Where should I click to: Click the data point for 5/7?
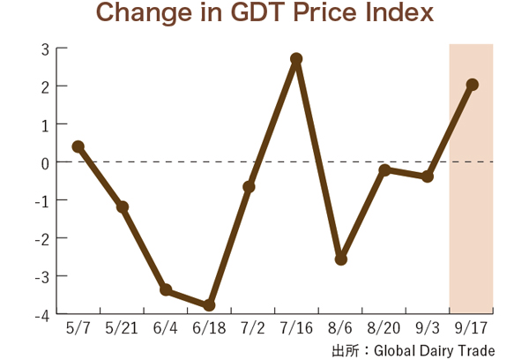(78, 146)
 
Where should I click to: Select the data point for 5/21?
(123, 207)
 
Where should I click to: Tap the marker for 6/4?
(166, 289)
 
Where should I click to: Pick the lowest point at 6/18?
(210, 305)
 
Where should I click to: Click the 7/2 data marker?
(250, 187)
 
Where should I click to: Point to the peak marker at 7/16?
(296, 59)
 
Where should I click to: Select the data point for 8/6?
(341, 259)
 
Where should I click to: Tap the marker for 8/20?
(384, 169)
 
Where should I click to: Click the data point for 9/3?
(428, 176)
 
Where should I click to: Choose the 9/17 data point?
(473, 85)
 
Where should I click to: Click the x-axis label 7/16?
(296, 329)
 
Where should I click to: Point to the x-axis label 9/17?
(472, 329)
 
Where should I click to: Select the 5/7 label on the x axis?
(78, 329)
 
